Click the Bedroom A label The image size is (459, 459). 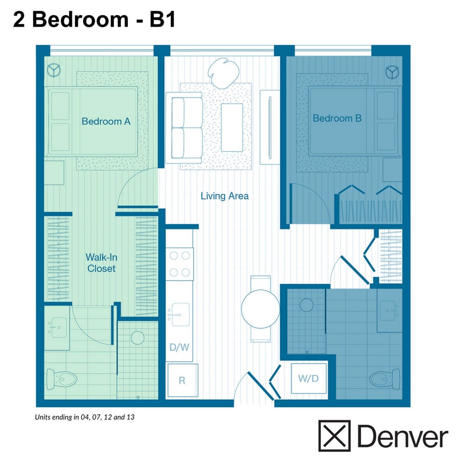pos(106,121)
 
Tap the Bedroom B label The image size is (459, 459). pos(337,118)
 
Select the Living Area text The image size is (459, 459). pos(225,196)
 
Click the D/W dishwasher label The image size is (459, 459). pos(179,348)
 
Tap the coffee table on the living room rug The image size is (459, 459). pos(232,127)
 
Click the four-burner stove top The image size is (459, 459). pos(179,264)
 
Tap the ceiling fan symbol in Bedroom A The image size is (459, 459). pos(54,70)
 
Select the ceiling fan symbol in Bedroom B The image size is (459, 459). pos(392,71)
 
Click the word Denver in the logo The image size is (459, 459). pos(402,437)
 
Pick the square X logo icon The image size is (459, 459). pos(334,436)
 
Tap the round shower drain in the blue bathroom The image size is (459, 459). pos(308,305)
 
